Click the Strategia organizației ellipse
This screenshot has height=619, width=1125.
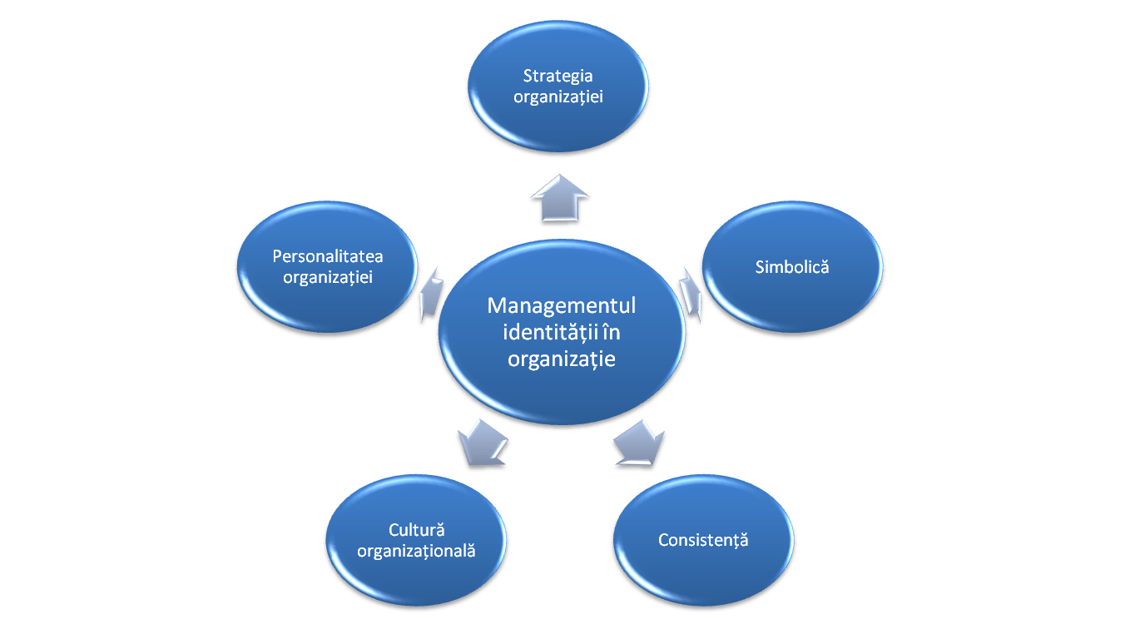click(x=558, y=87)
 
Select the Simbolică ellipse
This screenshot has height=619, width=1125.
click(x=791, y=266)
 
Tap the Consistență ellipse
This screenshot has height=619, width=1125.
click(x=704, y=539)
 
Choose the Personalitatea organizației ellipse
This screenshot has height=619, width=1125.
click(x=327, y=266)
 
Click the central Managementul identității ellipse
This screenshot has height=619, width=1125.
click(x=562, y=333)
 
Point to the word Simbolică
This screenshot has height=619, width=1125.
click(x=792, y=267)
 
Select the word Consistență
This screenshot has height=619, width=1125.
click(x=703, y=540)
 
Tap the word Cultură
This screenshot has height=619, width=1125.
click(x=416, y=529)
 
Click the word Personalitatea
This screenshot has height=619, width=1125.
click(x=328, y=256)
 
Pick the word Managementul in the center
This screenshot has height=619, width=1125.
click(x=562, y=305)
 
